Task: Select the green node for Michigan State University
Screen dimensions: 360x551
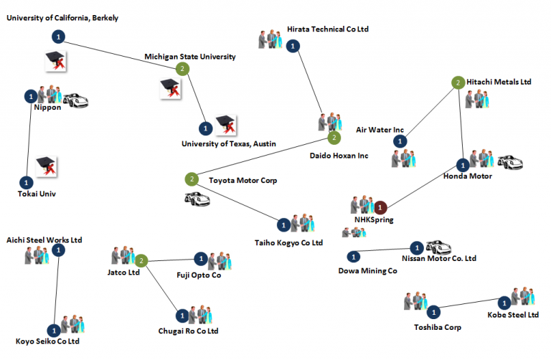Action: coord(183,69)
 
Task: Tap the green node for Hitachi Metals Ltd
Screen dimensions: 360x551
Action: coord(458,83)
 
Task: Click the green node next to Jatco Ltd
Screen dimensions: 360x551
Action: coord(142,261)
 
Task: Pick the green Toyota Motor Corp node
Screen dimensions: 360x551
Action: coord(192,179)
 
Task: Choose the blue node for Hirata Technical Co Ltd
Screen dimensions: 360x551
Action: coord(292,47)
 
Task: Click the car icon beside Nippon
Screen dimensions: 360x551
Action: coord(75,100)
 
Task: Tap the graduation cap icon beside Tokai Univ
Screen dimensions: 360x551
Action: coord(46,166)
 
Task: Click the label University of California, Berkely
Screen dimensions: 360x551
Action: coord(63,17)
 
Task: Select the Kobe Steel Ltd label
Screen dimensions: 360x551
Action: coord(513,315)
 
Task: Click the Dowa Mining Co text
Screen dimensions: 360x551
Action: coord(367,270)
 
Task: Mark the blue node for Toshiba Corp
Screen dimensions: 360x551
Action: coord(433,312)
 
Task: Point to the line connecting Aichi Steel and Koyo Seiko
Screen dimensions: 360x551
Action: coord(57,287)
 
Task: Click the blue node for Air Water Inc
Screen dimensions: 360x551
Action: coord(399,141)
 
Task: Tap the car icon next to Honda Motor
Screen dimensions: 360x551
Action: coord(510,162)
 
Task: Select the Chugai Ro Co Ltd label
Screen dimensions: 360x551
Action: coord(188,331)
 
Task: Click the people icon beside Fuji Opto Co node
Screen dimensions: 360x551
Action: coord(220,260)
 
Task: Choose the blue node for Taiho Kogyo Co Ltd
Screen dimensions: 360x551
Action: coord(283,225)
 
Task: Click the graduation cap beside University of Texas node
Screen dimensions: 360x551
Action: coord(227,123)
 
